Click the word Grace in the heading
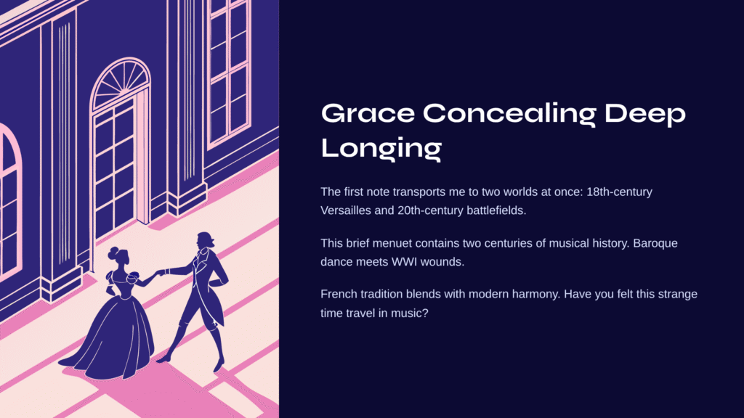click(368, 114)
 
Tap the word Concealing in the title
click(509, 115)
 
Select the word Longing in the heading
click(381, 148)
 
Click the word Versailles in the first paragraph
click(345, 210)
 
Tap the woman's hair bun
click(114, 252)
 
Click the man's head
click(204, 240)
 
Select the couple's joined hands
click(161, 272)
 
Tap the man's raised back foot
click(163, 359)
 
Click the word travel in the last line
click(363, 313)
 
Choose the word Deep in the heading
click(645, 115)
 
